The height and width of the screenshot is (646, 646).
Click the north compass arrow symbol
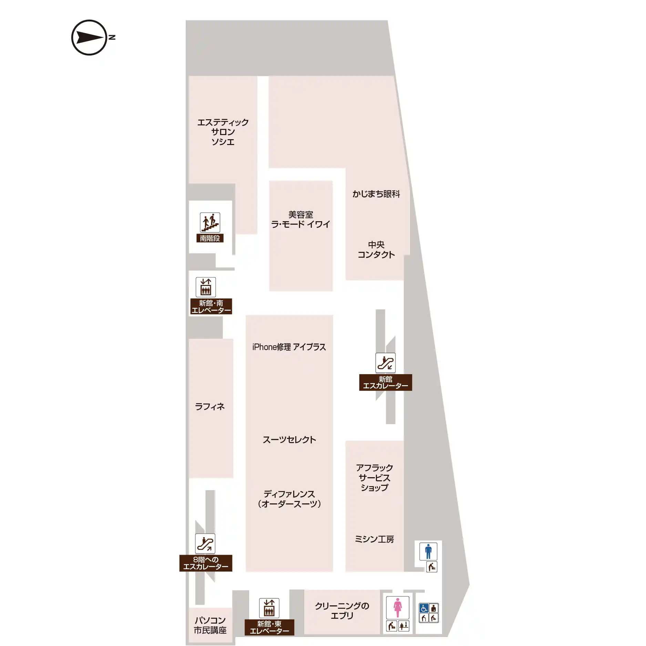(x=89, y=38)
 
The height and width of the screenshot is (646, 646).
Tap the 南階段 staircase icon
(x=210, y=222)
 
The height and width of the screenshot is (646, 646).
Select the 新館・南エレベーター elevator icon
(x=206, y=287)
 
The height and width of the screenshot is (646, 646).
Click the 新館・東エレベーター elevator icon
(x=269, y=608)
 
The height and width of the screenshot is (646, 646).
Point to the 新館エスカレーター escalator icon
(x=385, y=363)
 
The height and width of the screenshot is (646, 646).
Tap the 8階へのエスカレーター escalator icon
(x=205, y=543)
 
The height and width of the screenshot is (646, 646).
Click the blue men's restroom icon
(x=428, y=551)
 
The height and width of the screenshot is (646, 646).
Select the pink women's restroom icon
(x=398, y=608)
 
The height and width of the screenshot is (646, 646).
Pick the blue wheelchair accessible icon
(x=424, y=608)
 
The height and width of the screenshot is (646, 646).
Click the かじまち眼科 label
(x=376, y=194)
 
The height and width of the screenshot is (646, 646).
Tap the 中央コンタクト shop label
(x=376, y=250)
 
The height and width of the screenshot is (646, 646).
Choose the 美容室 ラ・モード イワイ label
(x=300, y=219)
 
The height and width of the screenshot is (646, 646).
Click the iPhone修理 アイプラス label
(x=289, y=347)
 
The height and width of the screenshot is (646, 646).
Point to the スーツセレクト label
(x=289, y=440)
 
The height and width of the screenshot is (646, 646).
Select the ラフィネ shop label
(x=210, y=407)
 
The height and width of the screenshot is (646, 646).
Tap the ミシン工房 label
(x=375, y=539)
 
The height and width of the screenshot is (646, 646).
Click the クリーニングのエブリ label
(x=342, y=611)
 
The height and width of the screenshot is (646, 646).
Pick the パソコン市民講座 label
(x=210, y=625)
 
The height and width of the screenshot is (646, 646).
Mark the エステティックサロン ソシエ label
(x=223, y=132)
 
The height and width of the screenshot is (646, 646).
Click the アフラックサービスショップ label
(x=375, y=478)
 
